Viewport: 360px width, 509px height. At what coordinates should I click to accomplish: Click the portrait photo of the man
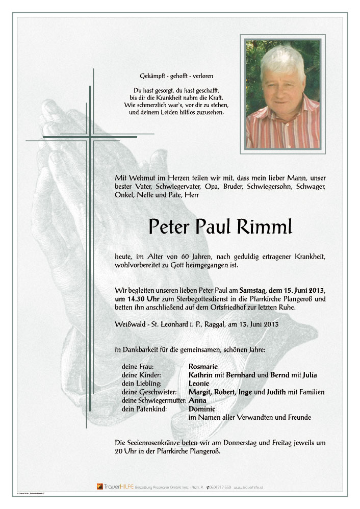point(282,94)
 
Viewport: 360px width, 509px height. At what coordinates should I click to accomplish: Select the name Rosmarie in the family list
point(203,366)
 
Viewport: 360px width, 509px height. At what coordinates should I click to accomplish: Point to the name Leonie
point(199,383)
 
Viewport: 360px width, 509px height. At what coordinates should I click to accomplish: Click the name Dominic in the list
point(202,409)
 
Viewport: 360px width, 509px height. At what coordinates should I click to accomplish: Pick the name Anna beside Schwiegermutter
point(197,400)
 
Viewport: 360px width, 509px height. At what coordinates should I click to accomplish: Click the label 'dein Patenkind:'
point(142,409)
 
